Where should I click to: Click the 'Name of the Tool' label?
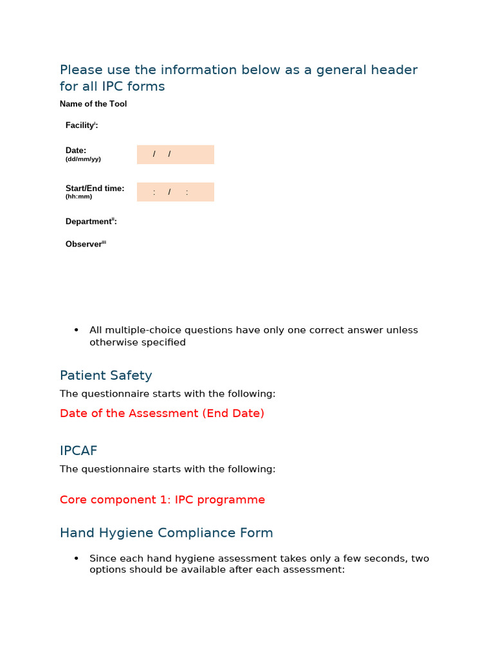tap(93, 104)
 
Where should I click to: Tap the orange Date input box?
tap(175, 154)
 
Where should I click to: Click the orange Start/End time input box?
tap(175, 192)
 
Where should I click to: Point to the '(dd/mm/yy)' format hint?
tap(83, 159)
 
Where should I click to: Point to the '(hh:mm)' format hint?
tap(78, 197)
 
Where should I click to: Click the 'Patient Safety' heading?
tap(105, 375)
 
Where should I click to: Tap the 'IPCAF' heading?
tap(78, 450)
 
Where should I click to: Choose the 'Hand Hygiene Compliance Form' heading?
tap(166, 533)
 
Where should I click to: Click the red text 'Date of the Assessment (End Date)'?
tap(161, 413)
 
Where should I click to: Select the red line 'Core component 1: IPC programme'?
tap(162, 499)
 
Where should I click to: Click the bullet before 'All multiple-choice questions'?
tap(77, 330)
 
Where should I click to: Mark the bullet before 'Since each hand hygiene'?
tap(77, 559)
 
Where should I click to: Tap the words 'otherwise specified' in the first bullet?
tap(137, 342)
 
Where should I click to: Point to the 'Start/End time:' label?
tap(95, 189)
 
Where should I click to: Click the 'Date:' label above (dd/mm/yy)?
tap(76, 151)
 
